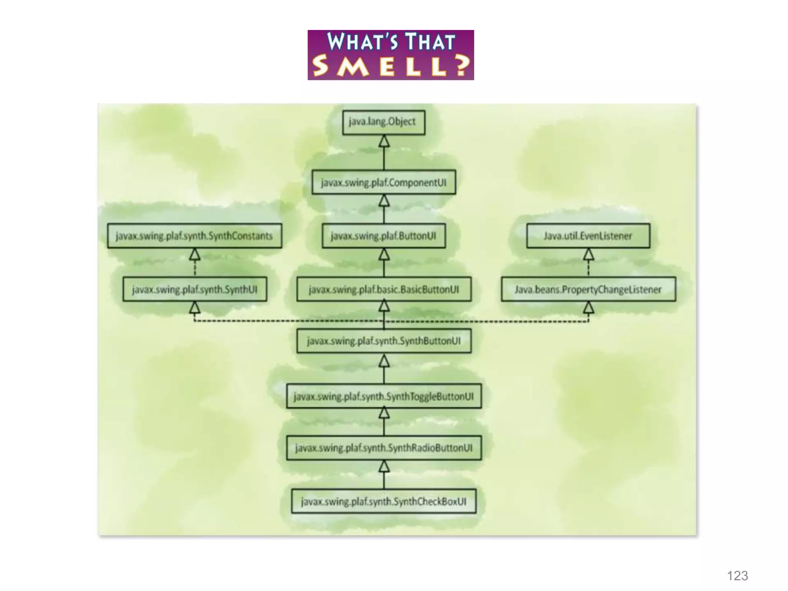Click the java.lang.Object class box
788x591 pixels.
(x=384, y=122)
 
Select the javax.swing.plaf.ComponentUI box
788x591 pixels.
(x=384, y=182)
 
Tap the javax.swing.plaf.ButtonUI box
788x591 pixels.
(x=384, y=236)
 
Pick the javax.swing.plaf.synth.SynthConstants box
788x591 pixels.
(x=194, y=236)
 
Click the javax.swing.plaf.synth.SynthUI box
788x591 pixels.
(x=195, y=289)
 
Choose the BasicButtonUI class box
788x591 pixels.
(x=384, y=289)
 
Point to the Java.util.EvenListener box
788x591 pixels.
(x=588, y=236)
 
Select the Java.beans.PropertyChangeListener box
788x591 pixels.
(x=588, y=289)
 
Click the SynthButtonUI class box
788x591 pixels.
(x=384, y=341)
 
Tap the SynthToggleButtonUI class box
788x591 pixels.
(x=384, y=396)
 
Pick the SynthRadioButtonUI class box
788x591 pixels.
(x=384, y=448)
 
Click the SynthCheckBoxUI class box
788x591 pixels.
(x=384, y=501)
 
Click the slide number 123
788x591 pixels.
(x=737, y=576)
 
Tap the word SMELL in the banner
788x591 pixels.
(x=391, y=66)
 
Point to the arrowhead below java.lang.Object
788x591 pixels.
(x=384, y=142)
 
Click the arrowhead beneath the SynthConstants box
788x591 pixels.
(x=195, y=254)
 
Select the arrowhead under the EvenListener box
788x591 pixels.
(x=588, y=254)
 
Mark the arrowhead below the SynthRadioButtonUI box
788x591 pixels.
(x=384, y=466)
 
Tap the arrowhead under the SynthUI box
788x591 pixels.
(x=195, y=307)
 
